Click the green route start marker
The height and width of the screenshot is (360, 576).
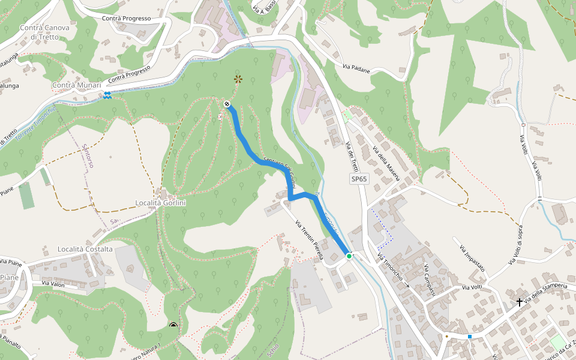tap(349, 256)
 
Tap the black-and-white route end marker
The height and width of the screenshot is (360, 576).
tap(227, 104)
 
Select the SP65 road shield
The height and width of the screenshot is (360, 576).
tap(359, 179)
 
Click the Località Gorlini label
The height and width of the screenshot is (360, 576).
tap(161, 203)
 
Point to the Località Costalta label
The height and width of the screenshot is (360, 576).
tap(85, 249)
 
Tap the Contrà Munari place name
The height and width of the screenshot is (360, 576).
tap(77, 86)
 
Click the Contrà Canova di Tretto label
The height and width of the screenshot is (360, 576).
tap(44, 32)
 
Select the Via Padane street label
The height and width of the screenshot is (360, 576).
tap(356, 69)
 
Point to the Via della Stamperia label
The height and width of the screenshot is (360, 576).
tap(545, 293)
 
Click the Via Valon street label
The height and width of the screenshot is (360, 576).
tap(53, 283)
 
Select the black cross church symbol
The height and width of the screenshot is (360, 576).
tap(519, 303)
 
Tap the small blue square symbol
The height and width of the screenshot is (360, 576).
tap(470, 336)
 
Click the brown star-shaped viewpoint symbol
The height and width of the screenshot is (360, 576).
tap(238, 79)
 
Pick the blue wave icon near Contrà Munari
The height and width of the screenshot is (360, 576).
tap(107, 95)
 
